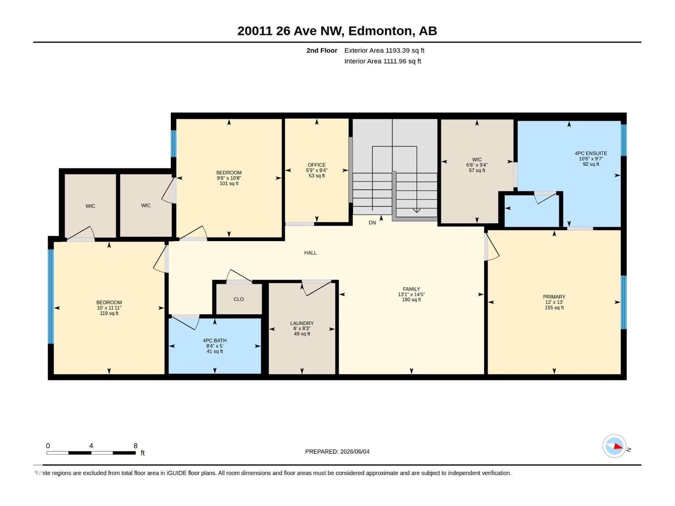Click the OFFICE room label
[316, 165]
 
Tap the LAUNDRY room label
[302, 323]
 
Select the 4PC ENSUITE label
[591, 153]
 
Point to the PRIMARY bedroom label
[554, 297]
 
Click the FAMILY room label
[411, 289]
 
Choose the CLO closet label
[239, 299]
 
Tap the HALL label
[310, 253]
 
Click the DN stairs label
[372, 223]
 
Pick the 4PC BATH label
[215, 340]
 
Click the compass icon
[614, 446]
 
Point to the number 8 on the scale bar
[135, 446]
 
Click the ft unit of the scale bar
[143, 453]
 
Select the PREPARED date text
[337, 452]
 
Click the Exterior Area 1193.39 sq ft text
[384, 50]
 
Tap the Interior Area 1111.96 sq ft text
[383, 61]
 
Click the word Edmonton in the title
[380, 31]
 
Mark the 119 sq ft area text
[109, 313]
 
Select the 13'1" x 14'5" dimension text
[411, 294]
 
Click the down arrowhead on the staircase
[416, 210]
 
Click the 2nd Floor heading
[321, 50]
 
